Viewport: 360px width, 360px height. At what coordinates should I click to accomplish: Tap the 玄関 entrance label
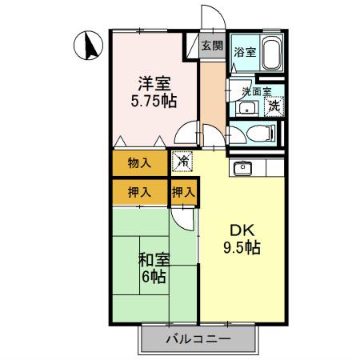(x=211, y=46)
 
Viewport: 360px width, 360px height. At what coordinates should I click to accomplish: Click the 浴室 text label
(x=244, y=52)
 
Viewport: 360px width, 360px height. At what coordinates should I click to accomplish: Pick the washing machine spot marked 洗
(x=274, y=104)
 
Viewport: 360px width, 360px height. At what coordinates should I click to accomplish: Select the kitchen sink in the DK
(x=242, y=168)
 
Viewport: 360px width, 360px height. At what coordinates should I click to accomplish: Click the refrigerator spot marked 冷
(x=183, y=162)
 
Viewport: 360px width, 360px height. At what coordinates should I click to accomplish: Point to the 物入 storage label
(x=139, y=163)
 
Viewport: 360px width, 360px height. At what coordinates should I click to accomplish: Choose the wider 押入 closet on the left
(x=139, y=192)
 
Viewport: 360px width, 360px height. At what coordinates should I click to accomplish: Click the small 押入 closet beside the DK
(x=184, y=192)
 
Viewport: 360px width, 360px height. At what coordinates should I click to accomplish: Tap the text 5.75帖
(x=154, y=102)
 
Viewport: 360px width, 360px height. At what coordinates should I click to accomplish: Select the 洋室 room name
(x=154, y=82)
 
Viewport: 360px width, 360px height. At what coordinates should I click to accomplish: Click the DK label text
(x=241, y=226)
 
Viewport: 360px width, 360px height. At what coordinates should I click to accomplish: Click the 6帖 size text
(x=154, y=278)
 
